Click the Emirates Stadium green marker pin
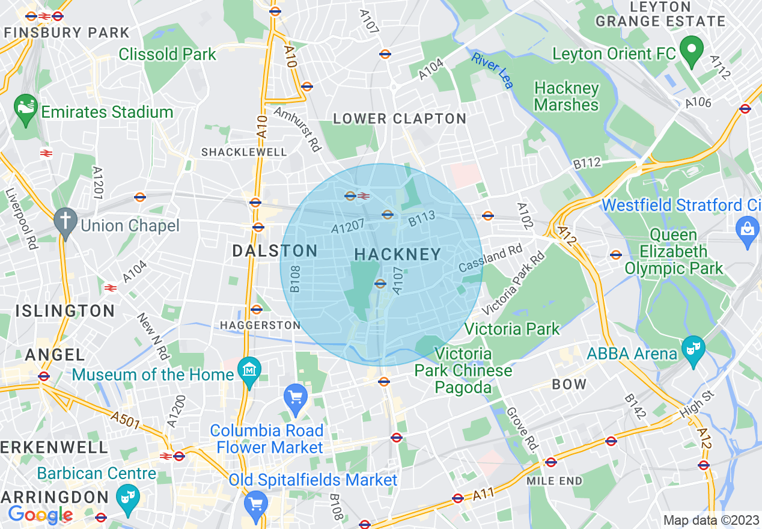25,111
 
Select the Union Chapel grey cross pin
65,222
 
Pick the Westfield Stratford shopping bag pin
748,231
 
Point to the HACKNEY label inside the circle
398,255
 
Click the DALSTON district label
275,251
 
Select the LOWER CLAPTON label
400,119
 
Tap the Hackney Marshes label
566,97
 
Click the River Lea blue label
493,70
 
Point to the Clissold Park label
167,54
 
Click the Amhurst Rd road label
297,129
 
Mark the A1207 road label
347,227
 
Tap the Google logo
40,515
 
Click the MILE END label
554,481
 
